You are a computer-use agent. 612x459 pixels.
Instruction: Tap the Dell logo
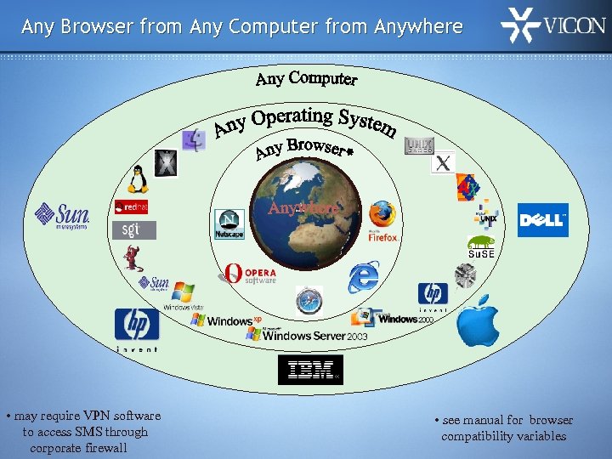point(542,220)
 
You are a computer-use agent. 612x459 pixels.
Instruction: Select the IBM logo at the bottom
point(310,370)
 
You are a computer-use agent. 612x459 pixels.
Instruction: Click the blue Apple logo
point(478,320)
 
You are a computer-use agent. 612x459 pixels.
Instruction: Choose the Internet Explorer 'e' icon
point(363,278)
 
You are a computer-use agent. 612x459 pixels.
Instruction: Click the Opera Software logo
point(251,274)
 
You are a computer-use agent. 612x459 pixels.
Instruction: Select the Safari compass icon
point(309,301)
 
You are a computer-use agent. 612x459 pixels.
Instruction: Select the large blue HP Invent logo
point(137,326)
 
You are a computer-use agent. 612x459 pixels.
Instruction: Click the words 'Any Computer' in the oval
point(307,79)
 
